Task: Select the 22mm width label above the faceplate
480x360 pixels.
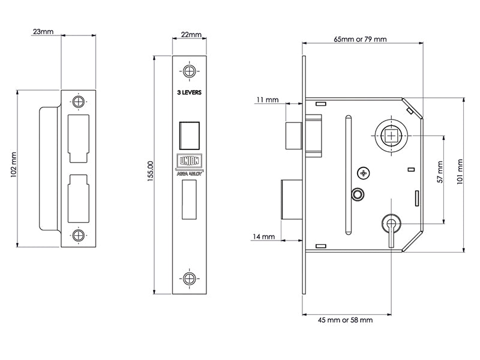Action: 191,35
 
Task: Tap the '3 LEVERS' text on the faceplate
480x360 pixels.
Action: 190,93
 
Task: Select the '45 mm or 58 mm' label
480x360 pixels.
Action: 345,320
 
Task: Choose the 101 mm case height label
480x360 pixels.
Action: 461,170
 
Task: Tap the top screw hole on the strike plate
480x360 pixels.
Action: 78,101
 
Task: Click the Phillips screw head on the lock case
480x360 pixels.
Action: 362,173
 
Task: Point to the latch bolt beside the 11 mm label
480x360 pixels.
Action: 293,134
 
